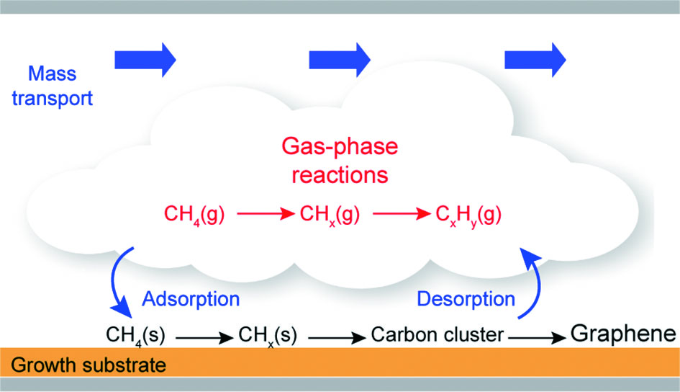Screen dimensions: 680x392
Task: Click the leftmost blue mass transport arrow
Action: coord(145,60)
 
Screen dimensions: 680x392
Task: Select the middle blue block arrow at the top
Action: coord(340,60)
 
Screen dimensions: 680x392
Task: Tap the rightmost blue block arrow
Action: coord(535,60)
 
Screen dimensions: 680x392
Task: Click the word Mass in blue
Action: coord(52,73)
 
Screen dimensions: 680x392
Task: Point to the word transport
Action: coord(52,99)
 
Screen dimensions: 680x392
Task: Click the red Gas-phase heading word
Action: coord(340,146)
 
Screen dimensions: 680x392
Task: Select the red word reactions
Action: coord(340,175)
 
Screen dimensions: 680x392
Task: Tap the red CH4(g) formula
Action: coord(194,215)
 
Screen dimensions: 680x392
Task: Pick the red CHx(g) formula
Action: coord(330,215)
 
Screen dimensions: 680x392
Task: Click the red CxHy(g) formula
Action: coord(468,215)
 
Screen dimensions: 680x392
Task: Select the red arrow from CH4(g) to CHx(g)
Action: coord(266,213)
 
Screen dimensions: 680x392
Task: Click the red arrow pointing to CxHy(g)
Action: coord(402,213)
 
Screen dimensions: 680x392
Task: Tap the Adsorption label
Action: coord(191,298)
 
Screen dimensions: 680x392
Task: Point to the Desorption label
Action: coord(466,298)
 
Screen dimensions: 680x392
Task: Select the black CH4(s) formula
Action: coord(135,336)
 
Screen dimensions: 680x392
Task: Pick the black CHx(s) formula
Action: coord(268,336)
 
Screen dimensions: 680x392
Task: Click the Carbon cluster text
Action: coord(438,334)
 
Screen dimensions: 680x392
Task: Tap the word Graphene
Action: coord(623,334)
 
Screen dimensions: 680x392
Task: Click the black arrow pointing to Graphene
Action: coord(537,337)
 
